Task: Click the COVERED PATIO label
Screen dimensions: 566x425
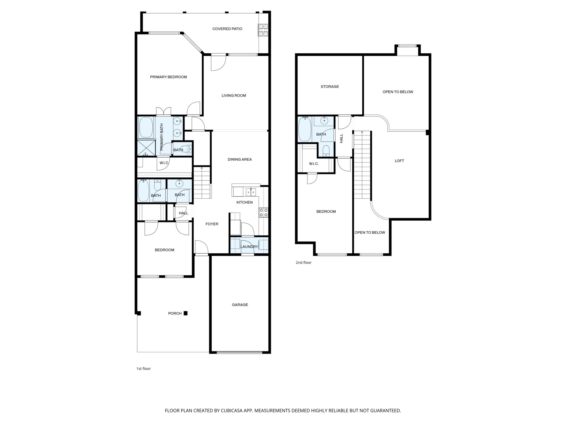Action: click(x=227, y=29)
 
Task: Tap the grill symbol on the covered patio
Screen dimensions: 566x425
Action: click(x=263, y=30)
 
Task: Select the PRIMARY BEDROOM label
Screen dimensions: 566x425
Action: click(x=168, y=77)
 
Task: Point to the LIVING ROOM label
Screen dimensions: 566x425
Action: click(x=234, y=96)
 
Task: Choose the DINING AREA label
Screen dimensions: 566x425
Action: click(x=240, y=159)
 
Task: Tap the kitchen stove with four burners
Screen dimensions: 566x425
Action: click(x=263, y=212)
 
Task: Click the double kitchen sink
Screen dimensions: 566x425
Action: click(x=251, y=192)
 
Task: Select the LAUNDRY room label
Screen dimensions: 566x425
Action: click(x=249, y=247)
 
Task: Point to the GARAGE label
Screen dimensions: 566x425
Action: click(x=240, y=305)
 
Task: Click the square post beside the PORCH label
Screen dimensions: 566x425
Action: click(x=185, y=313)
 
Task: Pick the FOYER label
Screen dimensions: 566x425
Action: click(x=212, y=224)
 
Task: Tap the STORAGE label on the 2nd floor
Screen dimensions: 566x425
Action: click(x=330, y=86)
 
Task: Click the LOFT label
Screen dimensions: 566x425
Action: click(x=399, y=161)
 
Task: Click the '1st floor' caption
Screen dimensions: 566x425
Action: click(x=144, y=369)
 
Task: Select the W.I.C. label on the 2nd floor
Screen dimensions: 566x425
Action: click(x=314, y=164)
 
